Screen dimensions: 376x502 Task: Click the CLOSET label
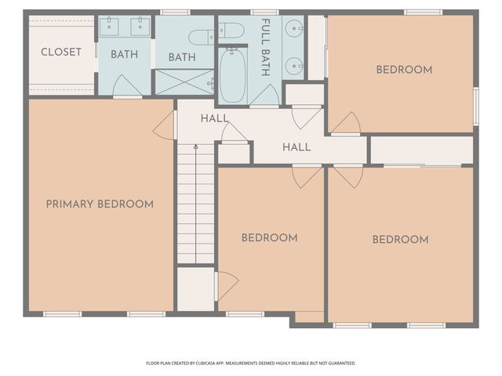coord(61,52)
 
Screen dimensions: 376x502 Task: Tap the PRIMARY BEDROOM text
coord(100,204)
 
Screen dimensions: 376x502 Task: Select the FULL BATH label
coord(265,48)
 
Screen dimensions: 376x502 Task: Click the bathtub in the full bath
coord(232,76)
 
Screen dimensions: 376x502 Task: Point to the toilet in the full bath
coord(231,31)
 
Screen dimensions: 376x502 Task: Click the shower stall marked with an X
coord(184,82)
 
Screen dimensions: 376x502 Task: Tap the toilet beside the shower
coord(202,36)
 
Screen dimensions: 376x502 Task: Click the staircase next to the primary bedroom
coord(195,208)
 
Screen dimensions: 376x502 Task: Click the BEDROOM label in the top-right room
coord(404,70)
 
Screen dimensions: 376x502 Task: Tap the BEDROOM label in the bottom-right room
coord(400,240)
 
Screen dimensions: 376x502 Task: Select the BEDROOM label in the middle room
coord(269,238)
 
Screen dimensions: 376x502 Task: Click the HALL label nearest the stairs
coord(214,119)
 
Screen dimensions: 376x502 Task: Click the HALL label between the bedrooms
coord(296,147)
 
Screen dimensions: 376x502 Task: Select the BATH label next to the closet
coord(124,55)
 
